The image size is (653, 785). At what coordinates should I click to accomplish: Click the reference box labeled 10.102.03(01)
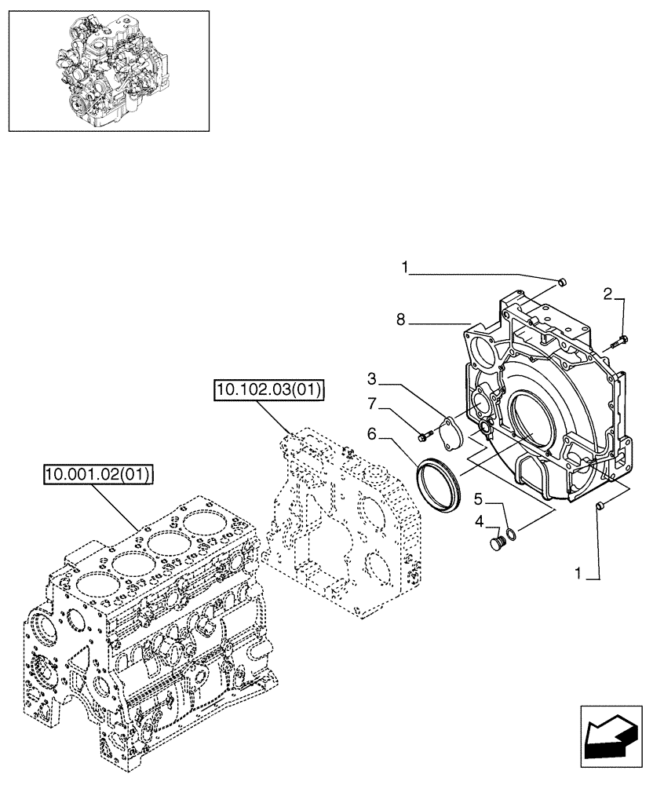tap(268, 390)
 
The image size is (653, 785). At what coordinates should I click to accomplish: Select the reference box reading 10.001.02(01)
tap(99, 474)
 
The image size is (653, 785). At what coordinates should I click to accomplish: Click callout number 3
tap(373, 380)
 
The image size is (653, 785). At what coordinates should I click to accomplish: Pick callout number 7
tap(373, 404)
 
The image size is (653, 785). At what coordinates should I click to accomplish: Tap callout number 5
tap(479, 497)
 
